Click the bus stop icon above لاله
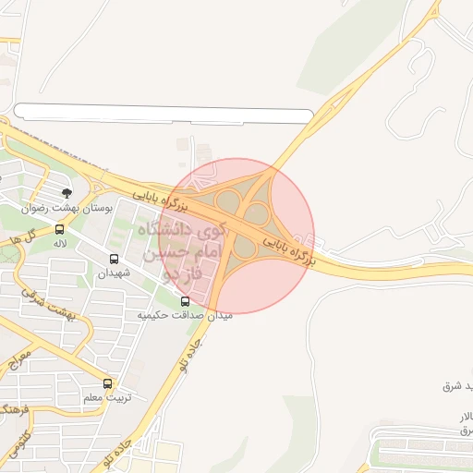pyautogui.click(x=60, y=228)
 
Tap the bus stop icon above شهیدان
pyautogui.click(x=115, y=260)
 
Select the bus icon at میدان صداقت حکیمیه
pyautogui.click(x=185, y=300)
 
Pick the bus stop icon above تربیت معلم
pyautogui.click(x=108, y=383)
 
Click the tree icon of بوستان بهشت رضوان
pyautogui.click(x=67, y=193)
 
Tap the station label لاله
pyautogui.click(x=60, y=242)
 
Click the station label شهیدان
pyautogui.click(x=115, y=273)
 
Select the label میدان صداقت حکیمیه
pyautogui.click(x=185, y=315)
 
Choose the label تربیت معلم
pyautogui.click(x=109, y=397)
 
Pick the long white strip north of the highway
pyautogui.click(x=164, y=115)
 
